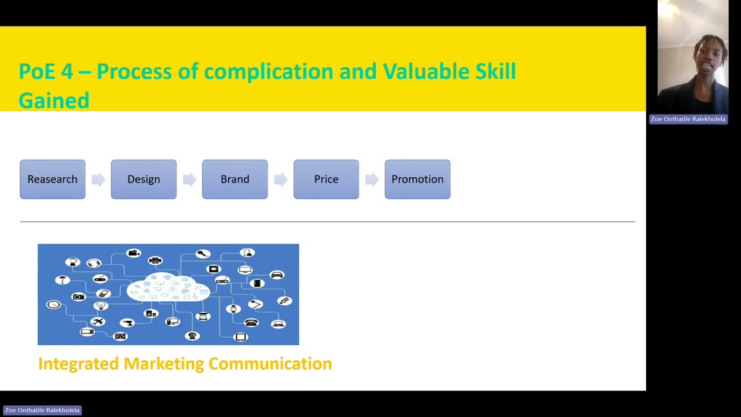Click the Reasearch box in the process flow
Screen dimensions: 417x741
[52, 180]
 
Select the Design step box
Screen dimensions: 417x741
[144, 180]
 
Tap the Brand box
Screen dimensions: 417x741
[234, 180]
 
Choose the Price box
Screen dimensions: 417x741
[326, 180]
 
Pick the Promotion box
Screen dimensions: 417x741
[417, 180]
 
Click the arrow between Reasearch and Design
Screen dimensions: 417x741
[98, 180]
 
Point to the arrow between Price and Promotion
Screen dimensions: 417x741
[372, 180]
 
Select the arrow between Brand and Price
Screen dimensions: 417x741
[281, 180]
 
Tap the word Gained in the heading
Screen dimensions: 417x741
[54, 100]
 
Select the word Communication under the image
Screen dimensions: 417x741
[270, 364]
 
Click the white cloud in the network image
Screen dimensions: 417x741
[168, 287]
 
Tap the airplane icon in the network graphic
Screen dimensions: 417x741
[98, 321]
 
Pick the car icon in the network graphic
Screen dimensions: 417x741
[277, 275]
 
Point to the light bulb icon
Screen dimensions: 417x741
[101, 305]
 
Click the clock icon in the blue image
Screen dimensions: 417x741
[54, 304]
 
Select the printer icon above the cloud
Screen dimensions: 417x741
[155, 261]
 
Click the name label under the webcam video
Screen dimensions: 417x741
[688, 119]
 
